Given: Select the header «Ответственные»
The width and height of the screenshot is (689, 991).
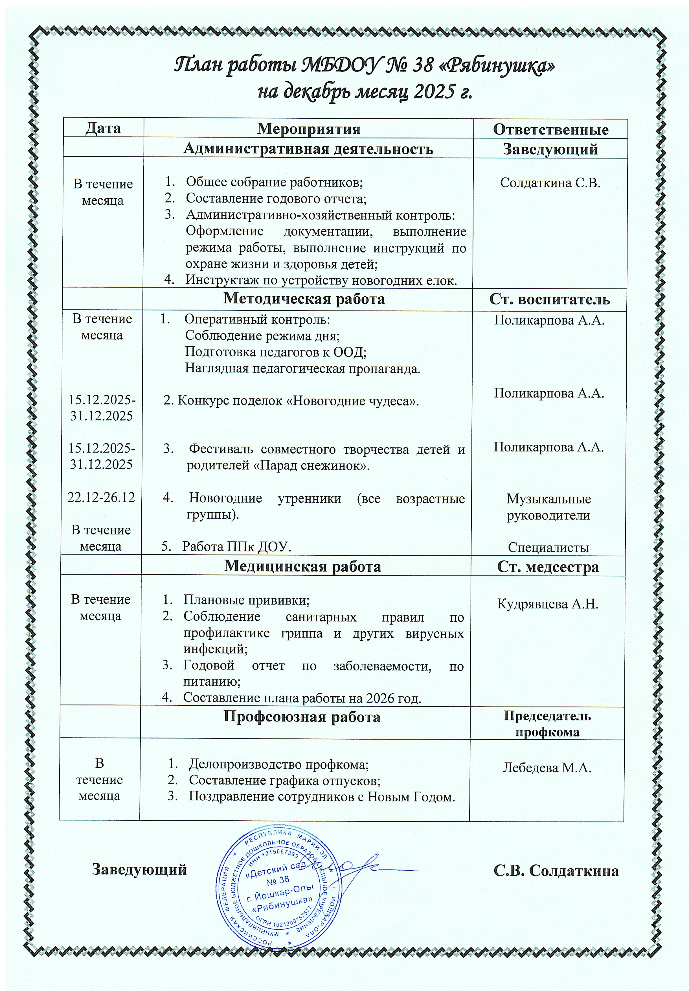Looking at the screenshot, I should (550, 129).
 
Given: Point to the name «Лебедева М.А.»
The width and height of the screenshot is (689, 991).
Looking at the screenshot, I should (546, 768).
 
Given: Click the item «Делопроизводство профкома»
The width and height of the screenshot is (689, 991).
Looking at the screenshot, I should (278, 764).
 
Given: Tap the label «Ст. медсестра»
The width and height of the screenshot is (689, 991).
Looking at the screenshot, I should (548, 567).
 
